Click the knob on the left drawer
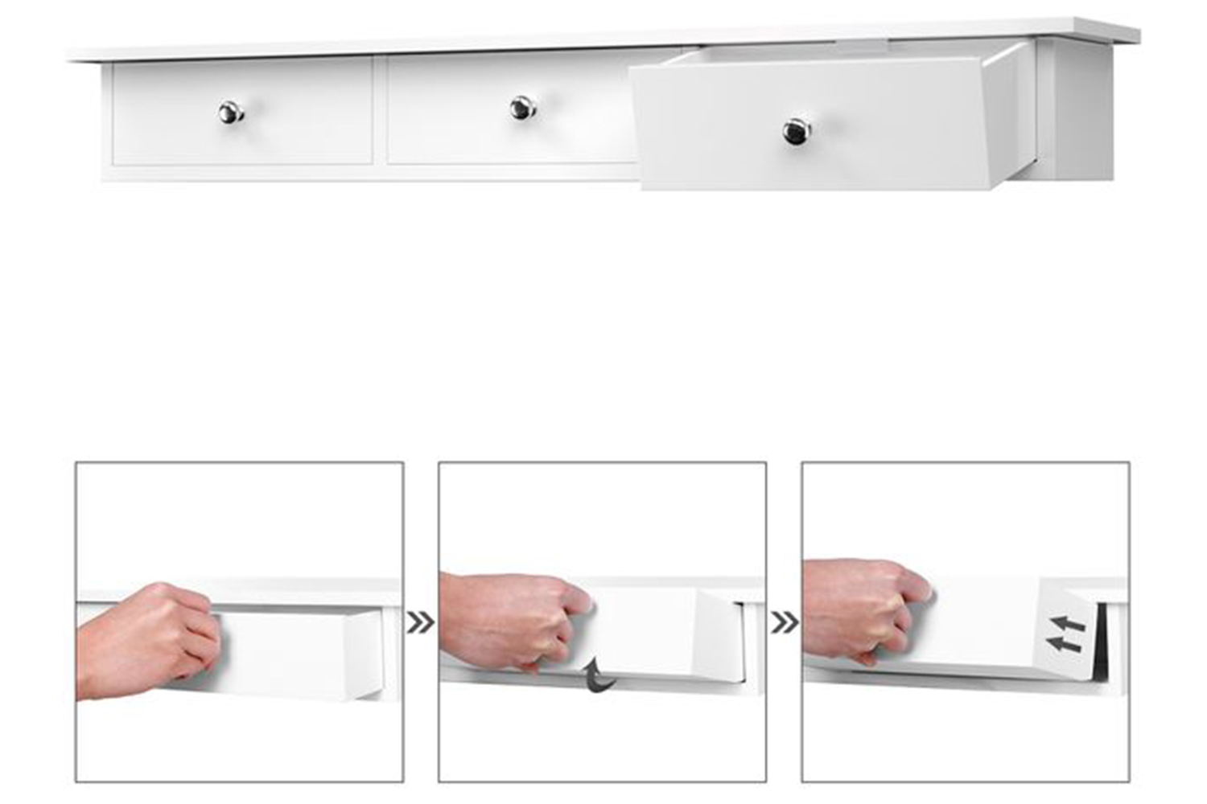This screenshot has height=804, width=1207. (x=231, y=113)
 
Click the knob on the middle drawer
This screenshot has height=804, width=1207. (x=522, y=108)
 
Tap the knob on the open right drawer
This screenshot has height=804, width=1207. (x=797, y=132)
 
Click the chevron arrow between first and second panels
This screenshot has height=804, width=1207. (x=420, y=622)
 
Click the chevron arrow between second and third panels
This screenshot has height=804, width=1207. (x=784, y=622)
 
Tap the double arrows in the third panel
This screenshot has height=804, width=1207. (x=1067, y=634)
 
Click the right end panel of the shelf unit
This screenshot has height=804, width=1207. (x=1082, y=113)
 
